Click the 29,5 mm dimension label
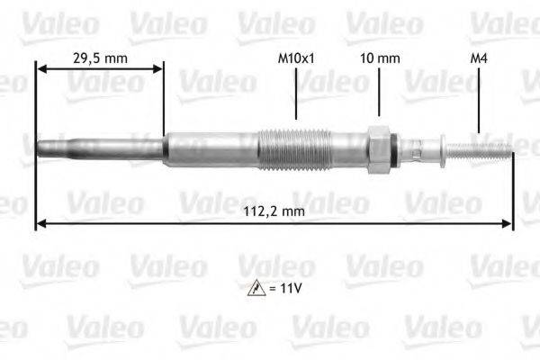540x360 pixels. pos(99,57)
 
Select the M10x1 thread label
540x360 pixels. pos(296,57)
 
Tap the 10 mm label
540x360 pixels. pos(380,57)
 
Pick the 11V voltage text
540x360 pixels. pos(285,290)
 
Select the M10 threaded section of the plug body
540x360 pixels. pos(294,148)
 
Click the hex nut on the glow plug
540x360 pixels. pos(379,148)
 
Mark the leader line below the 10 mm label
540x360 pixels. pos(380,94)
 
